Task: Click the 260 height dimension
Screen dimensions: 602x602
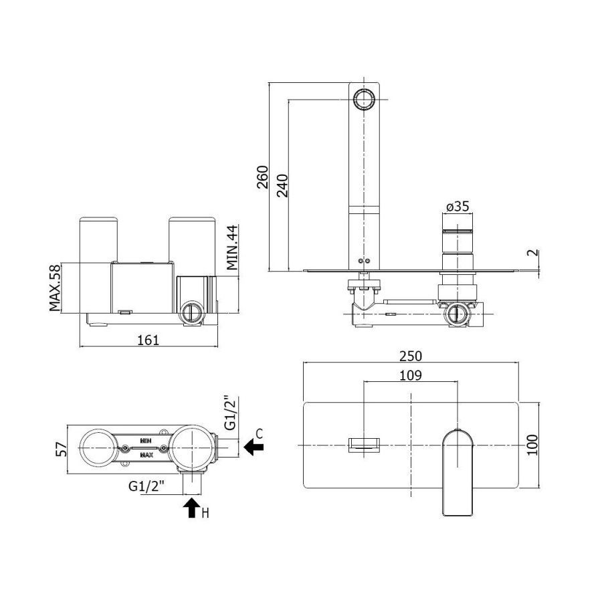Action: pyautogui.click(x=263, y=177)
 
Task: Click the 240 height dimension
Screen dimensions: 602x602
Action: pyautogui.click(x=282, y=185)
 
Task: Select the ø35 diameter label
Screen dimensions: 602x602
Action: pyautogui.click(x=458, y=206)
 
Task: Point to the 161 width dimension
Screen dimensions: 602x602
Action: pyautogui.click(x=148, y=340)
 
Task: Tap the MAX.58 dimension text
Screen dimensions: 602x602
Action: pyautogui.click(x=55, y=288)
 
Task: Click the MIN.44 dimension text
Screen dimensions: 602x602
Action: pyautogui.click(x=232, y=247)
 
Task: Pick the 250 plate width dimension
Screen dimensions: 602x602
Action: pyautogui.click(x=411, y=356)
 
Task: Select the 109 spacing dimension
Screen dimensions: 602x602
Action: pyautogui.click(x=411, y=375)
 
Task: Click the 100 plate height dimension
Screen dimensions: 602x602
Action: pyautogui.click(x=532, y=445)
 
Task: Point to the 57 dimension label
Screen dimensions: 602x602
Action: pyautogui.click(x=62, y=449)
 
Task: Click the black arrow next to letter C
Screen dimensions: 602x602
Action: pyautogui.click(x=254, y=447)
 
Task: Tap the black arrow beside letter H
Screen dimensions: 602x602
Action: pyautogui.click(x=192, y=508)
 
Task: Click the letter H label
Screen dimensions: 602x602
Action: pyautogui.click(x=205, y=513)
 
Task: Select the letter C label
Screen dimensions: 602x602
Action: pyautogui.click(x=259, y=433)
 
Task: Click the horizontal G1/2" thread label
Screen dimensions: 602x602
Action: pyautogui.click(x=146, y=486)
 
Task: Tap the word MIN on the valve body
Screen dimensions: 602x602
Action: pyautogui.click(x=146, y=441)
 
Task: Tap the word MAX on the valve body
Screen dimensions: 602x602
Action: pyautogui.click(x=146, y=455)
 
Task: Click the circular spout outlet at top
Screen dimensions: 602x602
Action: pyautogui.click(x=364, y=99)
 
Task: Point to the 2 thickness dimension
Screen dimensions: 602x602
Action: pyautogui.click(x=534, y=253)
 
